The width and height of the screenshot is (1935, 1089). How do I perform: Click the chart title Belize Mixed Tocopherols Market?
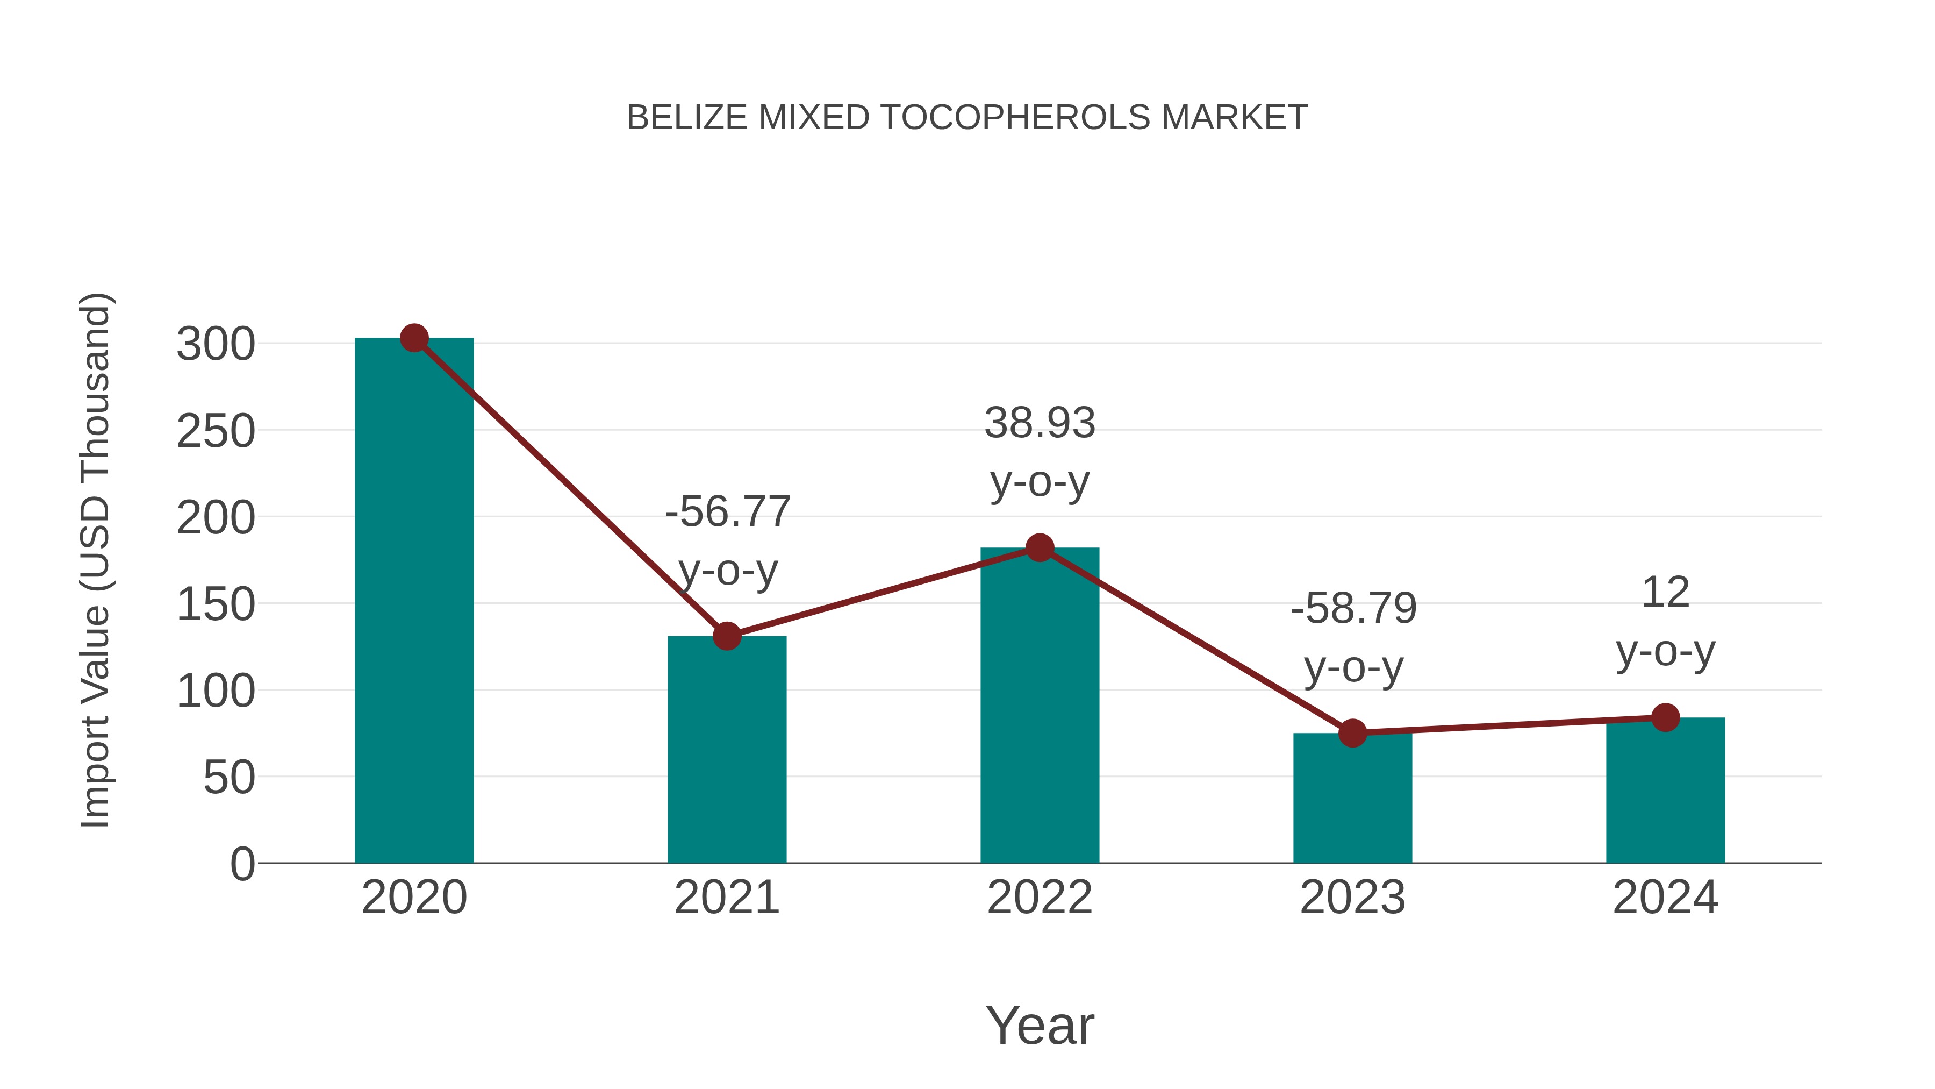click(967, 118)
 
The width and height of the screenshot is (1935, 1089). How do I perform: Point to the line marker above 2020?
click(414, 338)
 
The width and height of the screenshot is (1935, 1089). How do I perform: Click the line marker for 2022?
click(1040, 548)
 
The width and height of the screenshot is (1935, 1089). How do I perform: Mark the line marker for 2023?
click(1352, 733)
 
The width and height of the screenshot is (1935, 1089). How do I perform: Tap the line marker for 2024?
click(1665, 718)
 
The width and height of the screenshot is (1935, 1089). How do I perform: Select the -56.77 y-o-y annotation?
click(728, 540)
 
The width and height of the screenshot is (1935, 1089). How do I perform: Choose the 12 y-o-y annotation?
click(1665, 622)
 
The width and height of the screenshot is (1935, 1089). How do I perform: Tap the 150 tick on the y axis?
click(216, 604)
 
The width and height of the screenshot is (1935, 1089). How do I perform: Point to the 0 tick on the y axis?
click(242, 864)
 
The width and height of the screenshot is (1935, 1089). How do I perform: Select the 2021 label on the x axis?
click(726, 898)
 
